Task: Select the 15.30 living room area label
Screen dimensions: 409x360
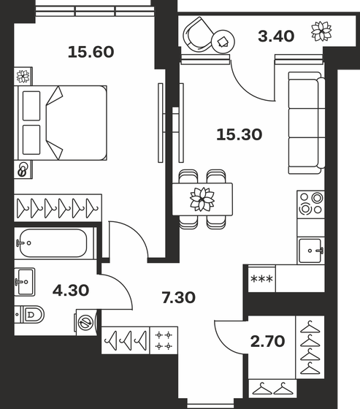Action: click(239, 134)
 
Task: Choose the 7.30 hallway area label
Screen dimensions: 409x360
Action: click(180, 297)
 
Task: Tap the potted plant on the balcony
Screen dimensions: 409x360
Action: click(320, 31)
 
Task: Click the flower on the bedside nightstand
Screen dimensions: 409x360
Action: click(24, 74)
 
